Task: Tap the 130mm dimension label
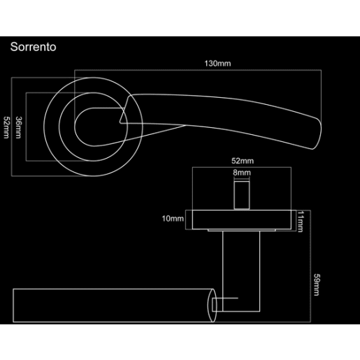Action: [217, 64]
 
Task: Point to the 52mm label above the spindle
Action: [242, 161]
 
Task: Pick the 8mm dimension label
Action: [242, 171]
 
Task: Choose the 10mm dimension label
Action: [172, 219]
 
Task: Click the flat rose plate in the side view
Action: [242, 219]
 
